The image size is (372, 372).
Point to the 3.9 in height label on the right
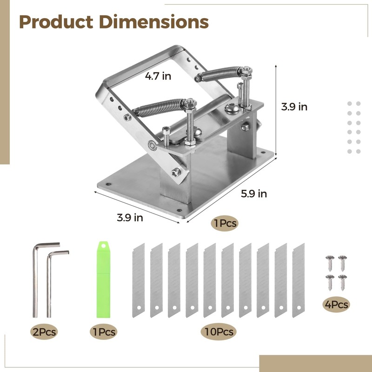click(294, 106)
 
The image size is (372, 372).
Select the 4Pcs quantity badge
click(337, 305)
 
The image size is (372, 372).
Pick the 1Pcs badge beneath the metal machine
click(224, 223)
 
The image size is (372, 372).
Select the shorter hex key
click(50, 284)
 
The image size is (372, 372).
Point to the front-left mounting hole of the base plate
click(108, 184)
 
